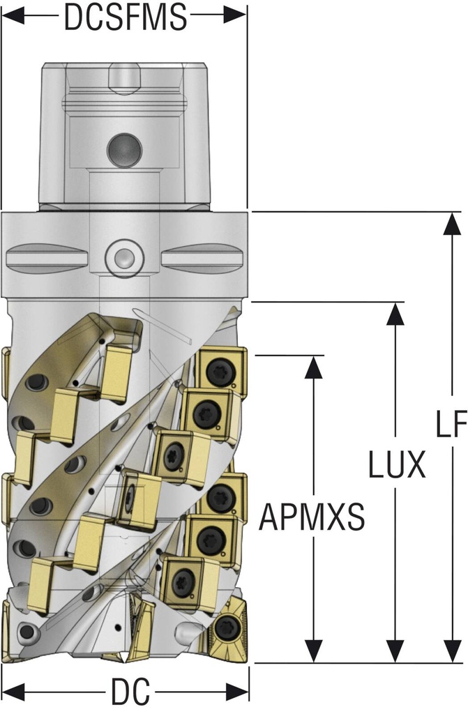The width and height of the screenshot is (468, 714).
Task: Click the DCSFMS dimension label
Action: (x=126, y=17)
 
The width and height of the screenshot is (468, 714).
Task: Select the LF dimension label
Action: (x=452, y=423)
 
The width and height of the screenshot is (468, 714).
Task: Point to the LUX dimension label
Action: (x=396, y=464)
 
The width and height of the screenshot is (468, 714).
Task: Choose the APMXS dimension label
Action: (x=312, y=517)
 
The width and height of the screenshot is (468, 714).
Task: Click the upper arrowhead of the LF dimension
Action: (x=453, y=223)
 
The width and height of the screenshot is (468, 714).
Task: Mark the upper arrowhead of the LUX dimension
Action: (x=395, y=313)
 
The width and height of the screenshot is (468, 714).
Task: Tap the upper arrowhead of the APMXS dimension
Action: (x=314, y=367)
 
